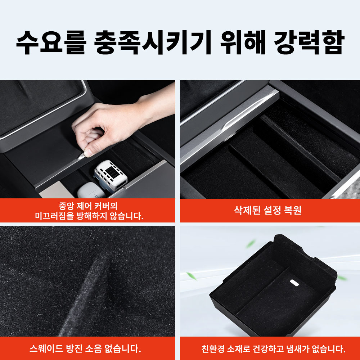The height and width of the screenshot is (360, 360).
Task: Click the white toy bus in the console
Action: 110,175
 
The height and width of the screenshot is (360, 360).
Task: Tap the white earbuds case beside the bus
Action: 86,190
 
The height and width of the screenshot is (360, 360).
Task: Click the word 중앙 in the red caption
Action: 66,206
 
